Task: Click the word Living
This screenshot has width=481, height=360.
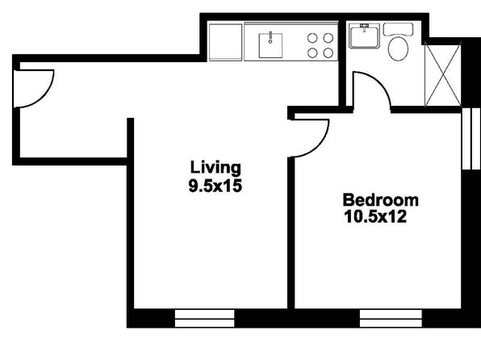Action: pyautogui.click(x=215, y=169)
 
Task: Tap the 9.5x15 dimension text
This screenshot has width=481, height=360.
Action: pyautogui.click(x=215, y=186)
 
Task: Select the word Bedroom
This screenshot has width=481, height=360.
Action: pyautogui.click(x=380, y=200)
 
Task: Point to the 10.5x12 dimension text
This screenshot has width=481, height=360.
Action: pyautogui.click(x=375, y=216)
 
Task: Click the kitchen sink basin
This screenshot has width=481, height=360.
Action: pyautogui.click(x=270, y=46)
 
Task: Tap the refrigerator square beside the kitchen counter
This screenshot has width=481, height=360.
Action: pyautogui.click(x=225, y=42)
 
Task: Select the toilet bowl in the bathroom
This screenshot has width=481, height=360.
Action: pyautogui.click(x=398, y=48)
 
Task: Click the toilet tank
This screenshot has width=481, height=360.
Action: pyautogui.click(x=398, y=30)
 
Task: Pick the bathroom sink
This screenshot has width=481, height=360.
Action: pyautogui.click(x=365, y=36)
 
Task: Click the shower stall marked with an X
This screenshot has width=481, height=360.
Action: pyautogui.click(x=442, y=75)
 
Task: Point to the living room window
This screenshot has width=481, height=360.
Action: pyautogui.click(x=205, y=318)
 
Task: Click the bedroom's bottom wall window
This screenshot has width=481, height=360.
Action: pyautogui.click(x=391, y=318)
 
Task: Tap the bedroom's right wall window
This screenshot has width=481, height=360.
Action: pyautogui.click(x=471, y=138)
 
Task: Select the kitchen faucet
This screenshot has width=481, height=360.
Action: pyautogui.click(x=270, y=37)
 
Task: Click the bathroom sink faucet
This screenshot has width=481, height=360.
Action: pyautogui.click(x=365, y=27)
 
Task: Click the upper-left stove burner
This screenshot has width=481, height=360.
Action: pyautogui.click(x=312, y=38)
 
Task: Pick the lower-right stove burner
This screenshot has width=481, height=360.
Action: pyautogui.click(x=328, y=52)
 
